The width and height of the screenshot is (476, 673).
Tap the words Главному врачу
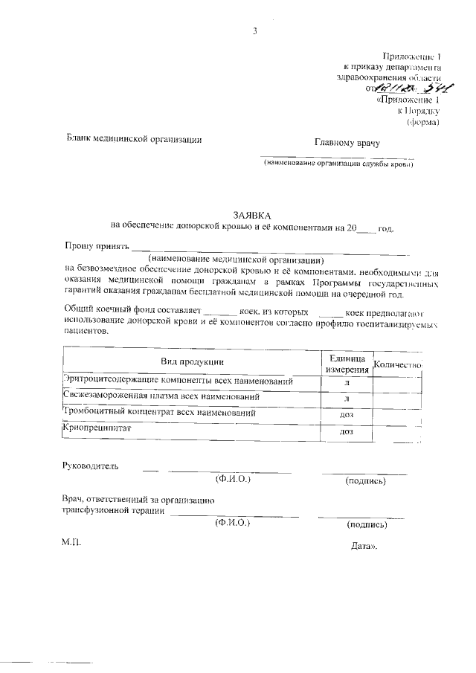point(347,142)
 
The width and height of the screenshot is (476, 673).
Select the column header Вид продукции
point(193,361)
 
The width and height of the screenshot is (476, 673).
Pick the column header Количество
point(397,364)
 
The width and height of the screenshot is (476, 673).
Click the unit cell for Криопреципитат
point(345,432)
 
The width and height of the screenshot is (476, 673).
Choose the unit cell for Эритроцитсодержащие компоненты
point(345,381)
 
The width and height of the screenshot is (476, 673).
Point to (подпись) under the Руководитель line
point(365,481)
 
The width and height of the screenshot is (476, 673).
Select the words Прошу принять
point(96,245)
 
